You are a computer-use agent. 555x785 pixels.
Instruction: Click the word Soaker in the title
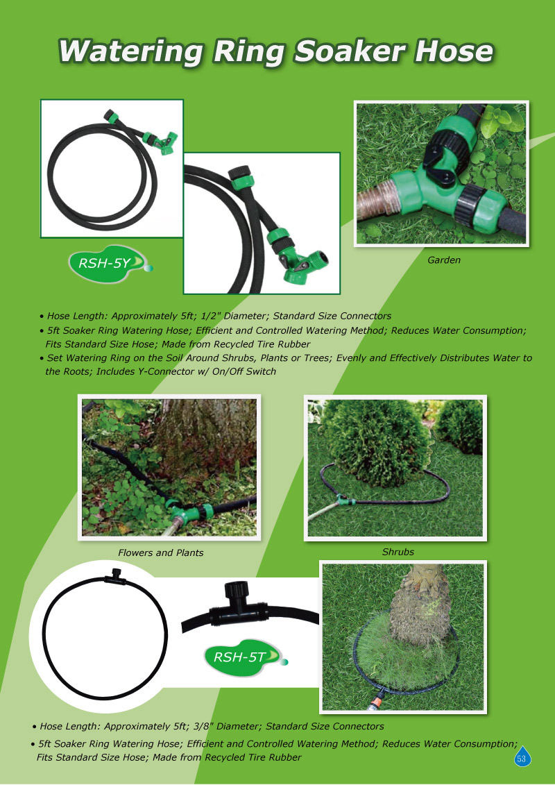(350, 51)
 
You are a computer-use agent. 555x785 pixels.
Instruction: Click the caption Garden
(444, 260)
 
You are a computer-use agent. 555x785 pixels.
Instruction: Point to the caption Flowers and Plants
(161, 552)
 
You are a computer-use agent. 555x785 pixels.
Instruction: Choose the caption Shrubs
(398, 552)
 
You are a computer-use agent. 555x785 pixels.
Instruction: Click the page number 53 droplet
(522, 757)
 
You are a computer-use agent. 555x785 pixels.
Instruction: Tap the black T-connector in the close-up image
(242, 607)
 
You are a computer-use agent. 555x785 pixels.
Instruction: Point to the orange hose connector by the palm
(376, 700)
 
